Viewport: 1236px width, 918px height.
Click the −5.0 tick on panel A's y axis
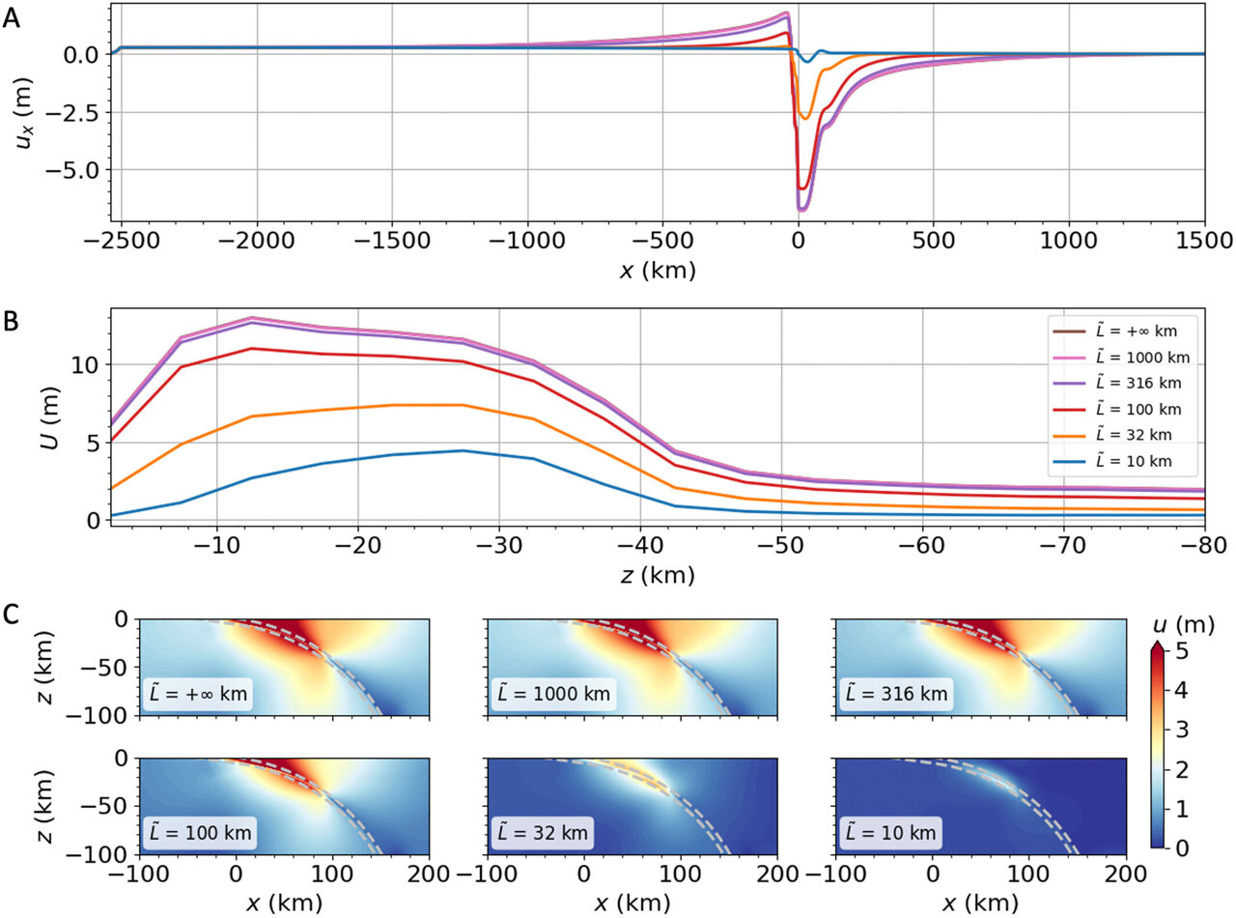point(78,170)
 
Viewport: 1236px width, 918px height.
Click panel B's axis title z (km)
point(658,577)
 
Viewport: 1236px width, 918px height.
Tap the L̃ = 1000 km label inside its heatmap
point(550,693)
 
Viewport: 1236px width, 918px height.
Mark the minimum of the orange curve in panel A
point(804,119)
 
